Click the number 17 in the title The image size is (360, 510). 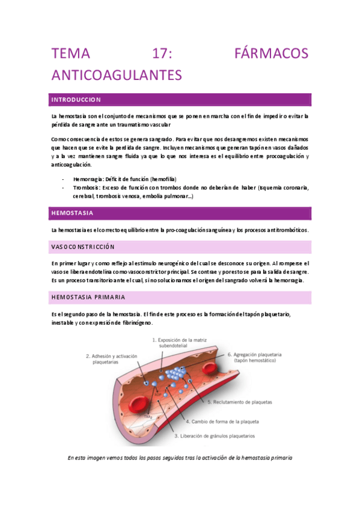tap(162, 54)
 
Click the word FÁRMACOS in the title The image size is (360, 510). tap(270, 54)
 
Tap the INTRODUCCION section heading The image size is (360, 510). tap(76, 99)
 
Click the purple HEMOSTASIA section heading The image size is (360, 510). tap(72, 213)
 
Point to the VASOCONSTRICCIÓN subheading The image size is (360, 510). tap(83, 247)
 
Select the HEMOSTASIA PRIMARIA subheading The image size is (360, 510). tap(88, 297)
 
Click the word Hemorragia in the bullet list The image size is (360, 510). tap(87, 179)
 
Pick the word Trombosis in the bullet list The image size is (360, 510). tap(87, 188)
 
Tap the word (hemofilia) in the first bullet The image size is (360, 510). tap(163, 179)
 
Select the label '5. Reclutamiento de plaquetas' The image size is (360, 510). tap(240, 401)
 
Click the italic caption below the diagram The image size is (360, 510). tap(180, 458)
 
